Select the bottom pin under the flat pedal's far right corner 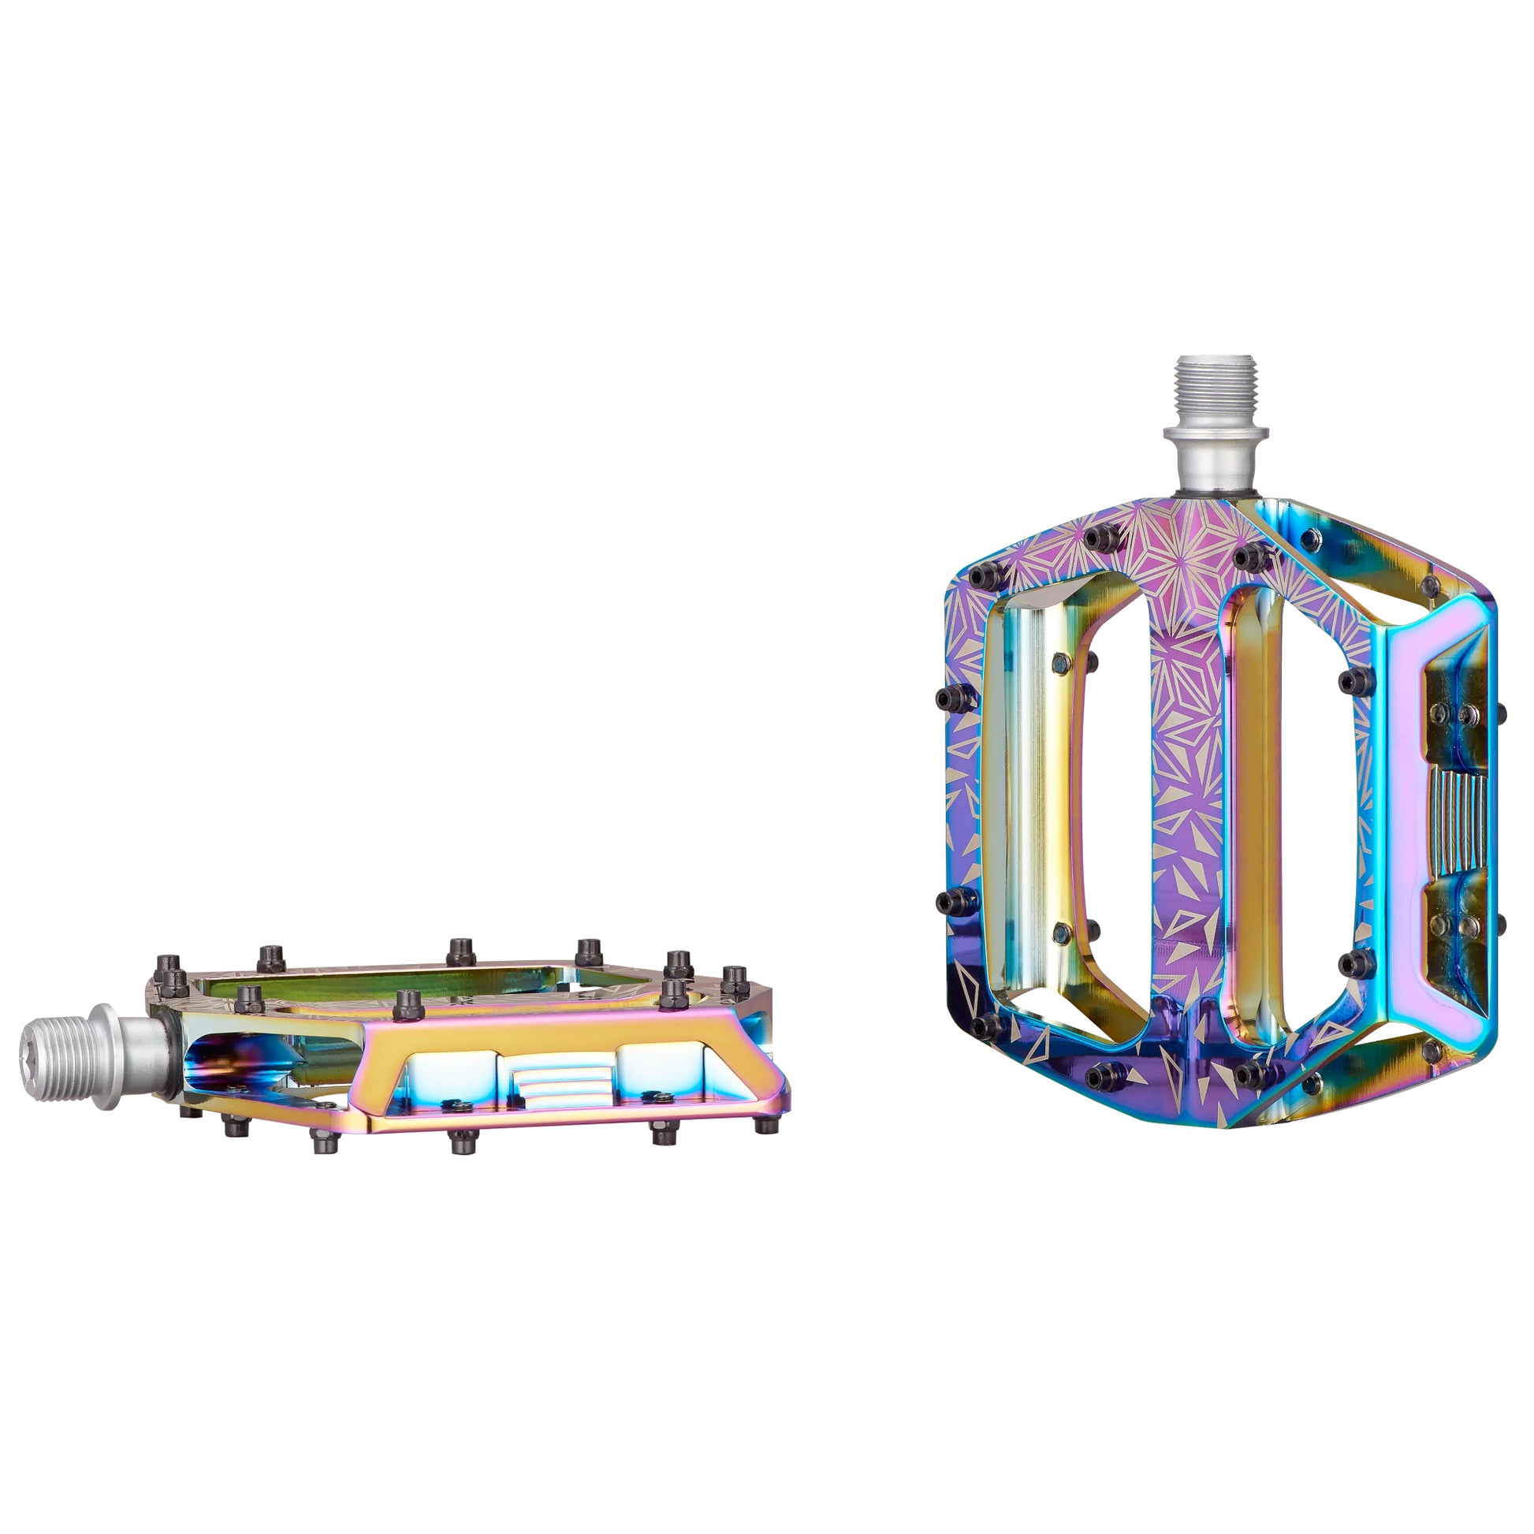point(765,1125)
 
